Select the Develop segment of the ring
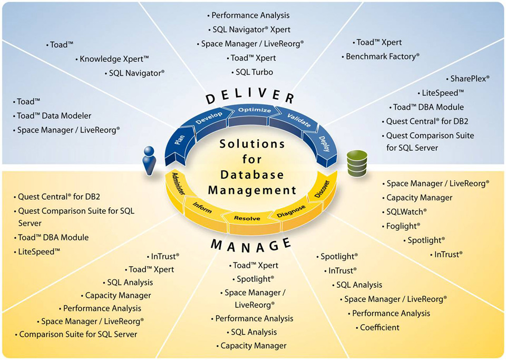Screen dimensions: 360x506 pos(209,117)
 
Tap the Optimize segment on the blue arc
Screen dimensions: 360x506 pos(255,110)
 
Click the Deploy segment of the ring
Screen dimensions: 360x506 pos(324,143)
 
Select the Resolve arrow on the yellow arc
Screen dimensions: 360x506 pos(247,217)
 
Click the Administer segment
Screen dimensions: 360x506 pos(177,184)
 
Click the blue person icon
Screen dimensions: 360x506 pos(149,160)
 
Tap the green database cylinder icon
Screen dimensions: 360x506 pos(356,163)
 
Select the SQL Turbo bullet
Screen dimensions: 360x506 pos(254,72)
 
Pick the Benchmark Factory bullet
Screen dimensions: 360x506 pos(382,56)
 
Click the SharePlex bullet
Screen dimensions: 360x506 pos(470,79)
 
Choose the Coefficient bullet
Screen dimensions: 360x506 pos(379,327)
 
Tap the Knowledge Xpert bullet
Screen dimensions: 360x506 pos(114,59)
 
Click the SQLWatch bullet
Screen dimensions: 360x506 pos(406,212)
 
